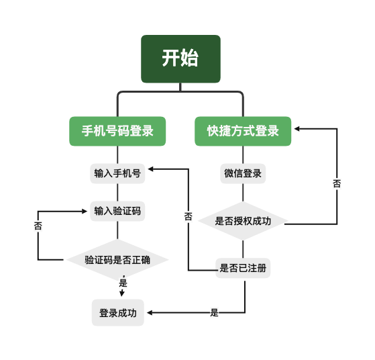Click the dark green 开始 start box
pos(180,58)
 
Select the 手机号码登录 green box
pos(117,131)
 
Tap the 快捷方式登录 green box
pos(243,131)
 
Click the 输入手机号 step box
pos(117,173)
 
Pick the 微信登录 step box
pos(243,173)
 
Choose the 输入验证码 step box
pos(117,211)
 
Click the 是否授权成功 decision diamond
pos(243,220)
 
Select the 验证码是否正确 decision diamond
pos(117,259)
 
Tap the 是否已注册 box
pos(243,268)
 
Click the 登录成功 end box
pos(117,313)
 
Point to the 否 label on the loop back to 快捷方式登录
pos(336,183)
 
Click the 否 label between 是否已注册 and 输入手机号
pos(188,216)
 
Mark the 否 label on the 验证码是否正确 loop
pos(38,226)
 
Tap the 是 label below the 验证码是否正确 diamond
pos(123,283)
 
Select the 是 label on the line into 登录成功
pos(214,312)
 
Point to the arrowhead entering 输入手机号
pos(150,169)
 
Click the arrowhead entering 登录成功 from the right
pos(148,313)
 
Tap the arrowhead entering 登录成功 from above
pos(122,294)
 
